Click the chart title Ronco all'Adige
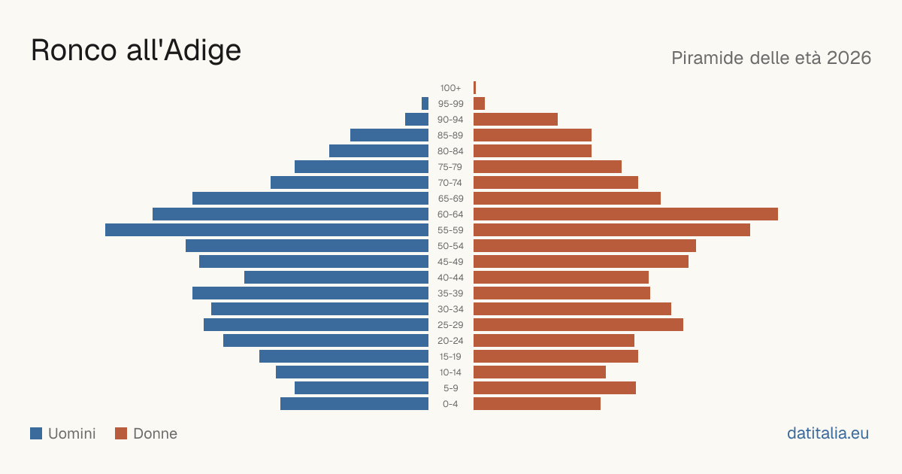click(x=136, y=50)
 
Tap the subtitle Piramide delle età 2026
click(x=771, y=58)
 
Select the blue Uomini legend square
click(x=36, y=433)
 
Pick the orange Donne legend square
click(x=121, y=433)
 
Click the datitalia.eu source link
click(x=828, y=433)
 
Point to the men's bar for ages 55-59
click(x=267, y=229)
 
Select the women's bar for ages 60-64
click(x=625, y=214)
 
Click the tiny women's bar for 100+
click(x=475, y=87)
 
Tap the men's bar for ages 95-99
click(x=425, y=103)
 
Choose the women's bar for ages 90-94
click(x=516, y=120)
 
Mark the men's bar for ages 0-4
click(x=354, y=403)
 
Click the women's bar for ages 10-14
click(x=540, y=372)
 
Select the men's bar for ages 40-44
click(x=336, y=278)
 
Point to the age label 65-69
click(x=450, y=199)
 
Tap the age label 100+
click(x=450, y=88)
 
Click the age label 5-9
click(x=450, y=388)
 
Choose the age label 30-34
click(x=450, y=309)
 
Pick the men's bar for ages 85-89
click(x=389, y=135)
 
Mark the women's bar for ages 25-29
click(x=578, y=325)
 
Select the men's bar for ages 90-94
click(x=416, y=120)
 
